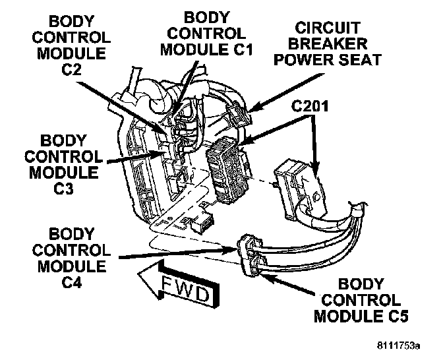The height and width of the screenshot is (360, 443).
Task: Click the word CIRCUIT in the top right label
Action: pyautogui.click(x=328, y=28)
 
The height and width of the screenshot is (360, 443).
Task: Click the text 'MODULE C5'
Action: pyautogui.click(x=361, y=316)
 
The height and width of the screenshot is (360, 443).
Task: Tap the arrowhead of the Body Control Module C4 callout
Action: pyautogui.click(x=235, y=249)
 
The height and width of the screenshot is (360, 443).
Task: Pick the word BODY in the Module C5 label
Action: pyautogui.click(x=361, y=284)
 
